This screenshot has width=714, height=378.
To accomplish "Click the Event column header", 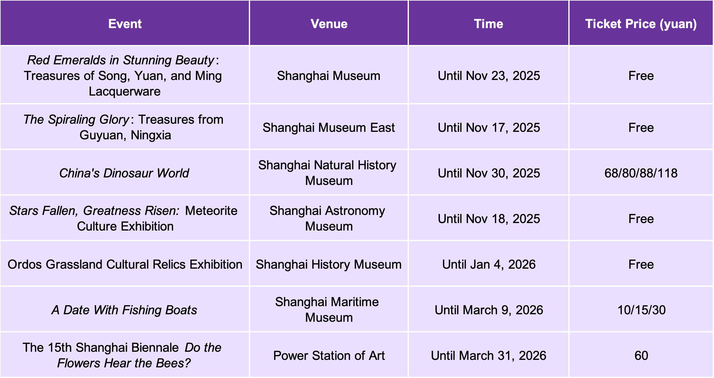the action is (125, 24).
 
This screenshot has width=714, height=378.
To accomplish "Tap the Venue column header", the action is (329, 24).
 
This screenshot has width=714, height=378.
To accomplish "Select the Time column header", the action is (489, 24).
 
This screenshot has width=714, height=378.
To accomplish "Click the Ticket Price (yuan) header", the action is (641, 24).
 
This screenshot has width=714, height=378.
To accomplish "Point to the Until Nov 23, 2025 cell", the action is (489, 76).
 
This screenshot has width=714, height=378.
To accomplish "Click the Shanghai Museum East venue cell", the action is (329, 128).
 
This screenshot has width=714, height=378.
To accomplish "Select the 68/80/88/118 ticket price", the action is (641, 173).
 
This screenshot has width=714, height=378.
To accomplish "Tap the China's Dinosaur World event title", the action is (124, 173).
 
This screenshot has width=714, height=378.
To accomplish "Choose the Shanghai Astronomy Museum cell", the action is (328, 218).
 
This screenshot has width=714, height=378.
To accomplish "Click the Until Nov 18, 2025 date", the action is (489, 219).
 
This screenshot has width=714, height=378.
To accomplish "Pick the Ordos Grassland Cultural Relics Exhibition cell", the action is (125, 264).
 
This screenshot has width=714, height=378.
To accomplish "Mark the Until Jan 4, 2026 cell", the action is (489, 264).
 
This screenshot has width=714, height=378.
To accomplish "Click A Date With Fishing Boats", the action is (124, 310).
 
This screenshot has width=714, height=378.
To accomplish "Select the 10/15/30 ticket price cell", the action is (641, 310).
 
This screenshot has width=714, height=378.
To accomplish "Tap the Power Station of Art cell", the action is (329, 356).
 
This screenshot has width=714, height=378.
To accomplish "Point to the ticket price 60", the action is (641, 356).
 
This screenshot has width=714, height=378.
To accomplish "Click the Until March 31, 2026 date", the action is (489, 356).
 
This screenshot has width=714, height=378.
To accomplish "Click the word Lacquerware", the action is (125, 92).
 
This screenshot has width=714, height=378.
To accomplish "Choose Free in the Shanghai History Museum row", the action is (641, 264).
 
